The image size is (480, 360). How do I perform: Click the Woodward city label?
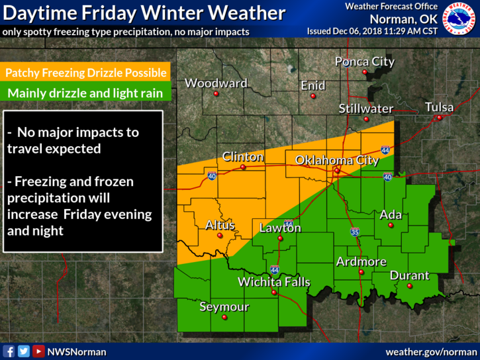pyautogui.click(x=216, y=83)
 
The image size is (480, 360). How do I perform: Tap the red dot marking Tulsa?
pyautogui.click(x=438, y=118)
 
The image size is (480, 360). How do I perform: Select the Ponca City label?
pyautogui.click(x=364, y=62)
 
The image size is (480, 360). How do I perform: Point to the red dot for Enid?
pyautogui.click(x=313, y=96)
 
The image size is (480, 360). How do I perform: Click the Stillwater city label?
pyautogui.click(x=365, y=109)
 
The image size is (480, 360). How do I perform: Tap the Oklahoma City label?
pyautogui.click(x=336, y=160)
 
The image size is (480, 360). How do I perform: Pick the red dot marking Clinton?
pyautogui.click(x=243, y=167)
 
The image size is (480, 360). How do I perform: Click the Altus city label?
pyautogui.click(x=220, y=225)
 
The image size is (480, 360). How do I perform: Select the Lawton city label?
pyautogui.click(x=279, y=228)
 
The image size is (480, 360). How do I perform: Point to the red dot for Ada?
pyautogui.click(x=391, y=226)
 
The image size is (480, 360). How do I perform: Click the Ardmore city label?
pyautogui.click(x=361, y=261)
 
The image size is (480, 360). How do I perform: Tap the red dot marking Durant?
pyautogui.click(x=409, y=286)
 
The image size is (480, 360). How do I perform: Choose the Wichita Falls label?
pyautogui.click(x=273, y=283)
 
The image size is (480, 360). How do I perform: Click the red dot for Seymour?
pyautogui.click(x=224, y=318)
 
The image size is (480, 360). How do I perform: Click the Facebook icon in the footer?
pyautogui.click(x=9, y=351)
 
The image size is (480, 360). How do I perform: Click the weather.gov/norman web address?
pyautogui.click(x=430, y=351)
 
